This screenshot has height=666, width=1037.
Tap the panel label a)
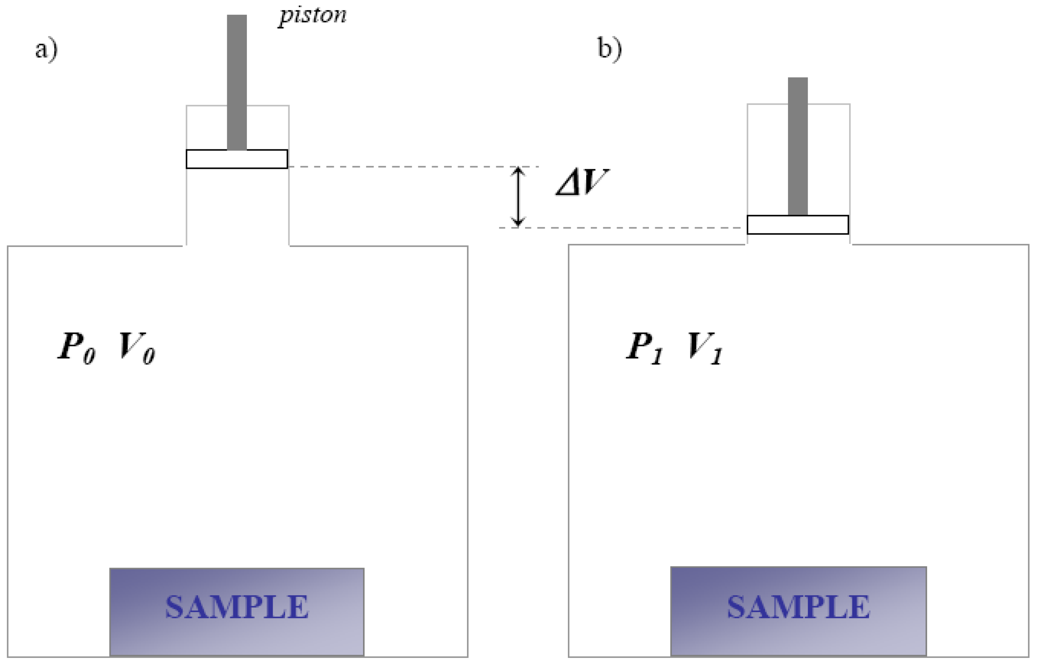click(46, 49)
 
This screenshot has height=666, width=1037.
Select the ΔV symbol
click(582, 182)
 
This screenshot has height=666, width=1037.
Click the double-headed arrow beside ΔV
click(518, 197)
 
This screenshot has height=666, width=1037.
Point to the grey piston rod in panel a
click(237, 82)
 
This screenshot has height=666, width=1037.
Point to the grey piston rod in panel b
click(797, 146)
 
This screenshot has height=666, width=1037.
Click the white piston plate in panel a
click(237, 159)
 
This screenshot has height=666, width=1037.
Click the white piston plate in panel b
click(797, 225)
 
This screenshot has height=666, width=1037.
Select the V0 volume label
click(137, 348)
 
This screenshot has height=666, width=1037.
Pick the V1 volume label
click(704, 348)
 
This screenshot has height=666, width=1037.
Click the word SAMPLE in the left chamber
click(237, 607)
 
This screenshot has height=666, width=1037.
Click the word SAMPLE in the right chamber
click(798, 607)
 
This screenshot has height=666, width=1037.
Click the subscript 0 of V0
click(149, 357)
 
